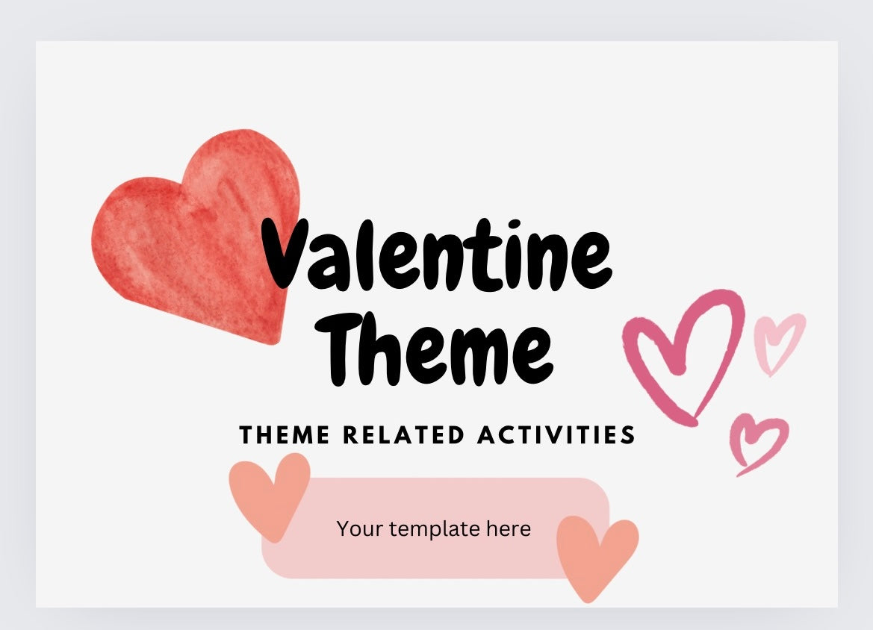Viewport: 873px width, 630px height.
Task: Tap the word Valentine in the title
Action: pyautogui.click(x=437, y=255)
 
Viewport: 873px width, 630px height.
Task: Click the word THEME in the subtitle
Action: pyautogui.click(x=285, y=434)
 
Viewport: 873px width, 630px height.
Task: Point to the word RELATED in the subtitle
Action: pyautogui.click(x=404, y=434)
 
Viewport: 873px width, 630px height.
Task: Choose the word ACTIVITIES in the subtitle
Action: pyautogui.click(x=556, y=434)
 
